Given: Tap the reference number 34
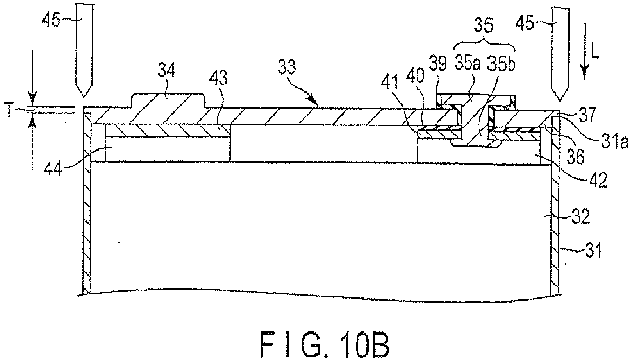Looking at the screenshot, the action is [166, 70].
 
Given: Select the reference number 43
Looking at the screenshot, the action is [218, 78].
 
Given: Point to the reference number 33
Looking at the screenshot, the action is [287, 67].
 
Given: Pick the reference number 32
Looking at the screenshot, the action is [581, 217].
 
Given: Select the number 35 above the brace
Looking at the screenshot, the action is [484, 26].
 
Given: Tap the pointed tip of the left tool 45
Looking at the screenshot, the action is [84, 97].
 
